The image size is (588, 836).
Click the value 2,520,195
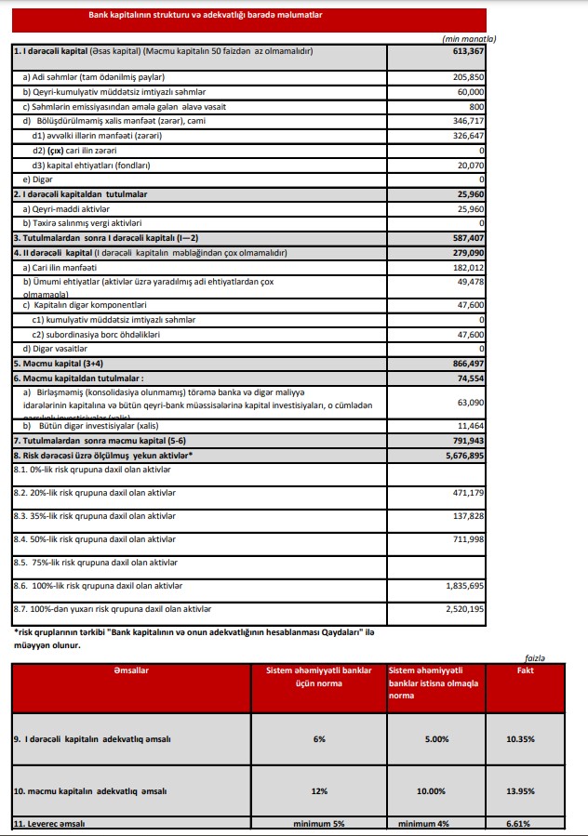pos(462,609)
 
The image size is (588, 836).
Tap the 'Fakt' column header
pos(525,670)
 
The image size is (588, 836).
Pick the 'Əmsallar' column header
pos(130,670)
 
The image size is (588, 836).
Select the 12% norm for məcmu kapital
pos(318,790)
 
